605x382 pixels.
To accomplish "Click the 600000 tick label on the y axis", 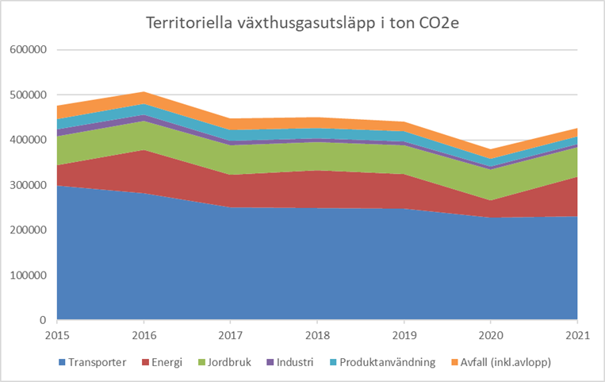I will pyautogui.click(x=28, y=50).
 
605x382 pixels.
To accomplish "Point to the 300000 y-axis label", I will pyautogui.click(x=28, y=185).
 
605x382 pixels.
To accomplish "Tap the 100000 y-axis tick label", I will pyautogui.click(x=28, y=276).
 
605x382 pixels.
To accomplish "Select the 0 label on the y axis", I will pyautogui.click(x=44, y=320).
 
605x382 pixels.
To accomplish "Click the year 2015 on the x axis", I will pyautogui.click(x=57, y=335).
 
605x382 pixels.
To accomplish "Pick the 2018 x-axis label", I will pyautogui.click(x=318, y=335).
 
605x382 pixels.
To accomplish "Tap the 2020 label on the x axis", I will pyautogui.click(x=492, y=335).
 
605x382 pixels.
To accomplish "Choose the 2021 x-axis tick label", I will pyautogui.click(x=578, y=335).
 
